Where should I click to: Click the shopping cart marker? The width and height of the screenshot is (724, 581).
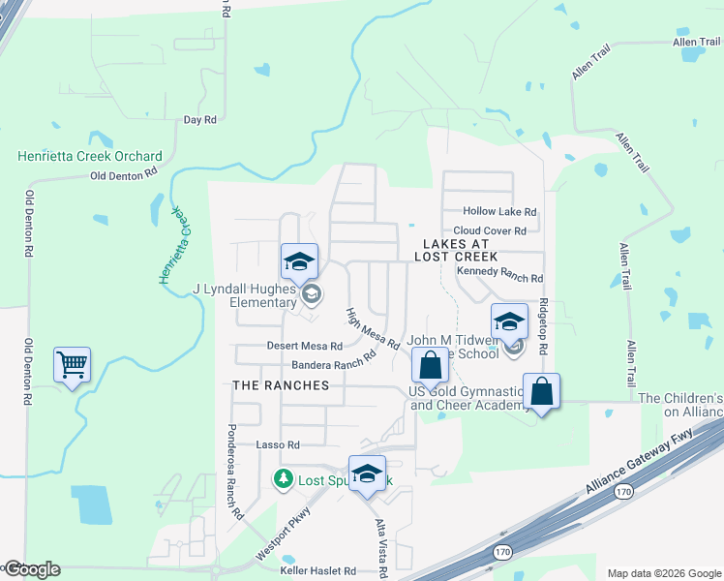[72, 365]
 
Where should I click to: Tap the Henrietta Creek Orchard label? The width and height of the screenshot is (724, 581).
[90, 157]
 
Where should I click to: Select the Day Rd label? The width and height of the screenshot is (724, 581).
[199, 120]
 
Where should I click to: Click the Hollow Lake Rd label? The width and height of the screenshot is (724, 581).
[499, 211]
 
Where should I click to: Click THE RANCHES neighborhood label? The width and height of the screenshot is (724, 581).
[281, 385]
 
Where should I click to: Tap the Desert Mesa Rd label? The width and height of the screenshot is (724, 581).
[304, 346]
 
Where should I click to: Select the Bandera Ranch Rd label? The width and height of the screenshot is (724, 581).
[334, 360]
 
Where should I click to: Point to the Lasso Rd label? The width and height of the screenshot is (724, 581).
[279, 444]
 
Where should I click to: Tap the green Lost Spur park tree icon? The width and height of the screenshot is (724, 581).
[283, 478]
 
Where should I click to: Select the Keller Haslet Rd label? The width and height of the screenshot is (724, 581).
[318, 571]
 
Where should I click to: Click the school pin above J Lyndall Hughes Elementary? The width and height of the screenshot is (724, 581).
[299, 261]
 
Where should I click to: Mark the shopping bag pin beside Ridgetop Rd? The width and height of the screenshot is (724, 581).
[542, 392]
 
